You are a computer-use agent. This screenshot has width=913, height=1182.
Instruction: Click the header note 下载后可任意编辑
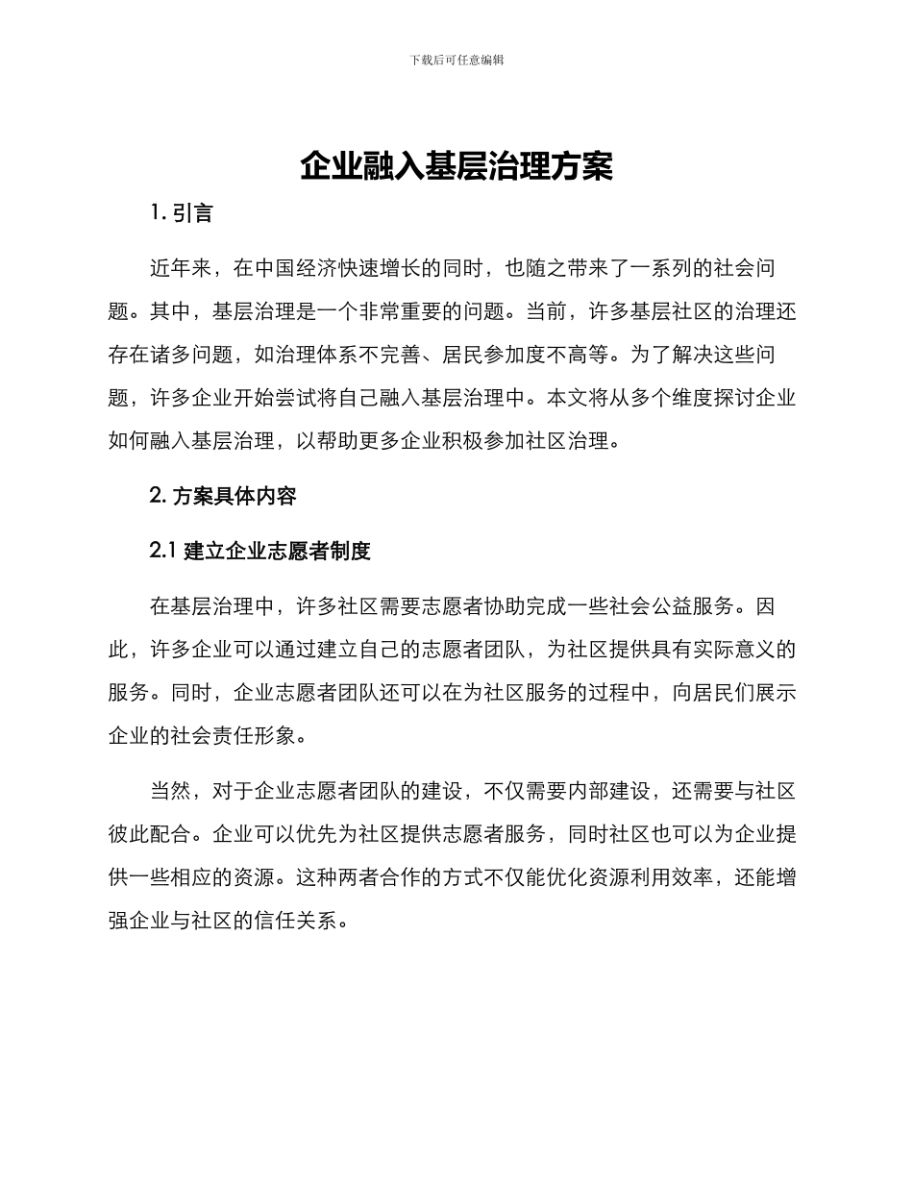[x=456, y=60]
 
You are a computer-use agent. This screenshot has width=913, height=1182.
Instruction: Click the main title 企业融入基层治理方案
[x=456, y=166]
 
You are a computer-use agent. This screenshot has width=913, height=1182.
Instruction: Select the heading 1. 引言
[x=182, y=213]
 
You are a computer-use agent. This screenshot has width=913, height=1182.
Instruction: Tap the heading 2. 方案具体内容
[x=223, y=496]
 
